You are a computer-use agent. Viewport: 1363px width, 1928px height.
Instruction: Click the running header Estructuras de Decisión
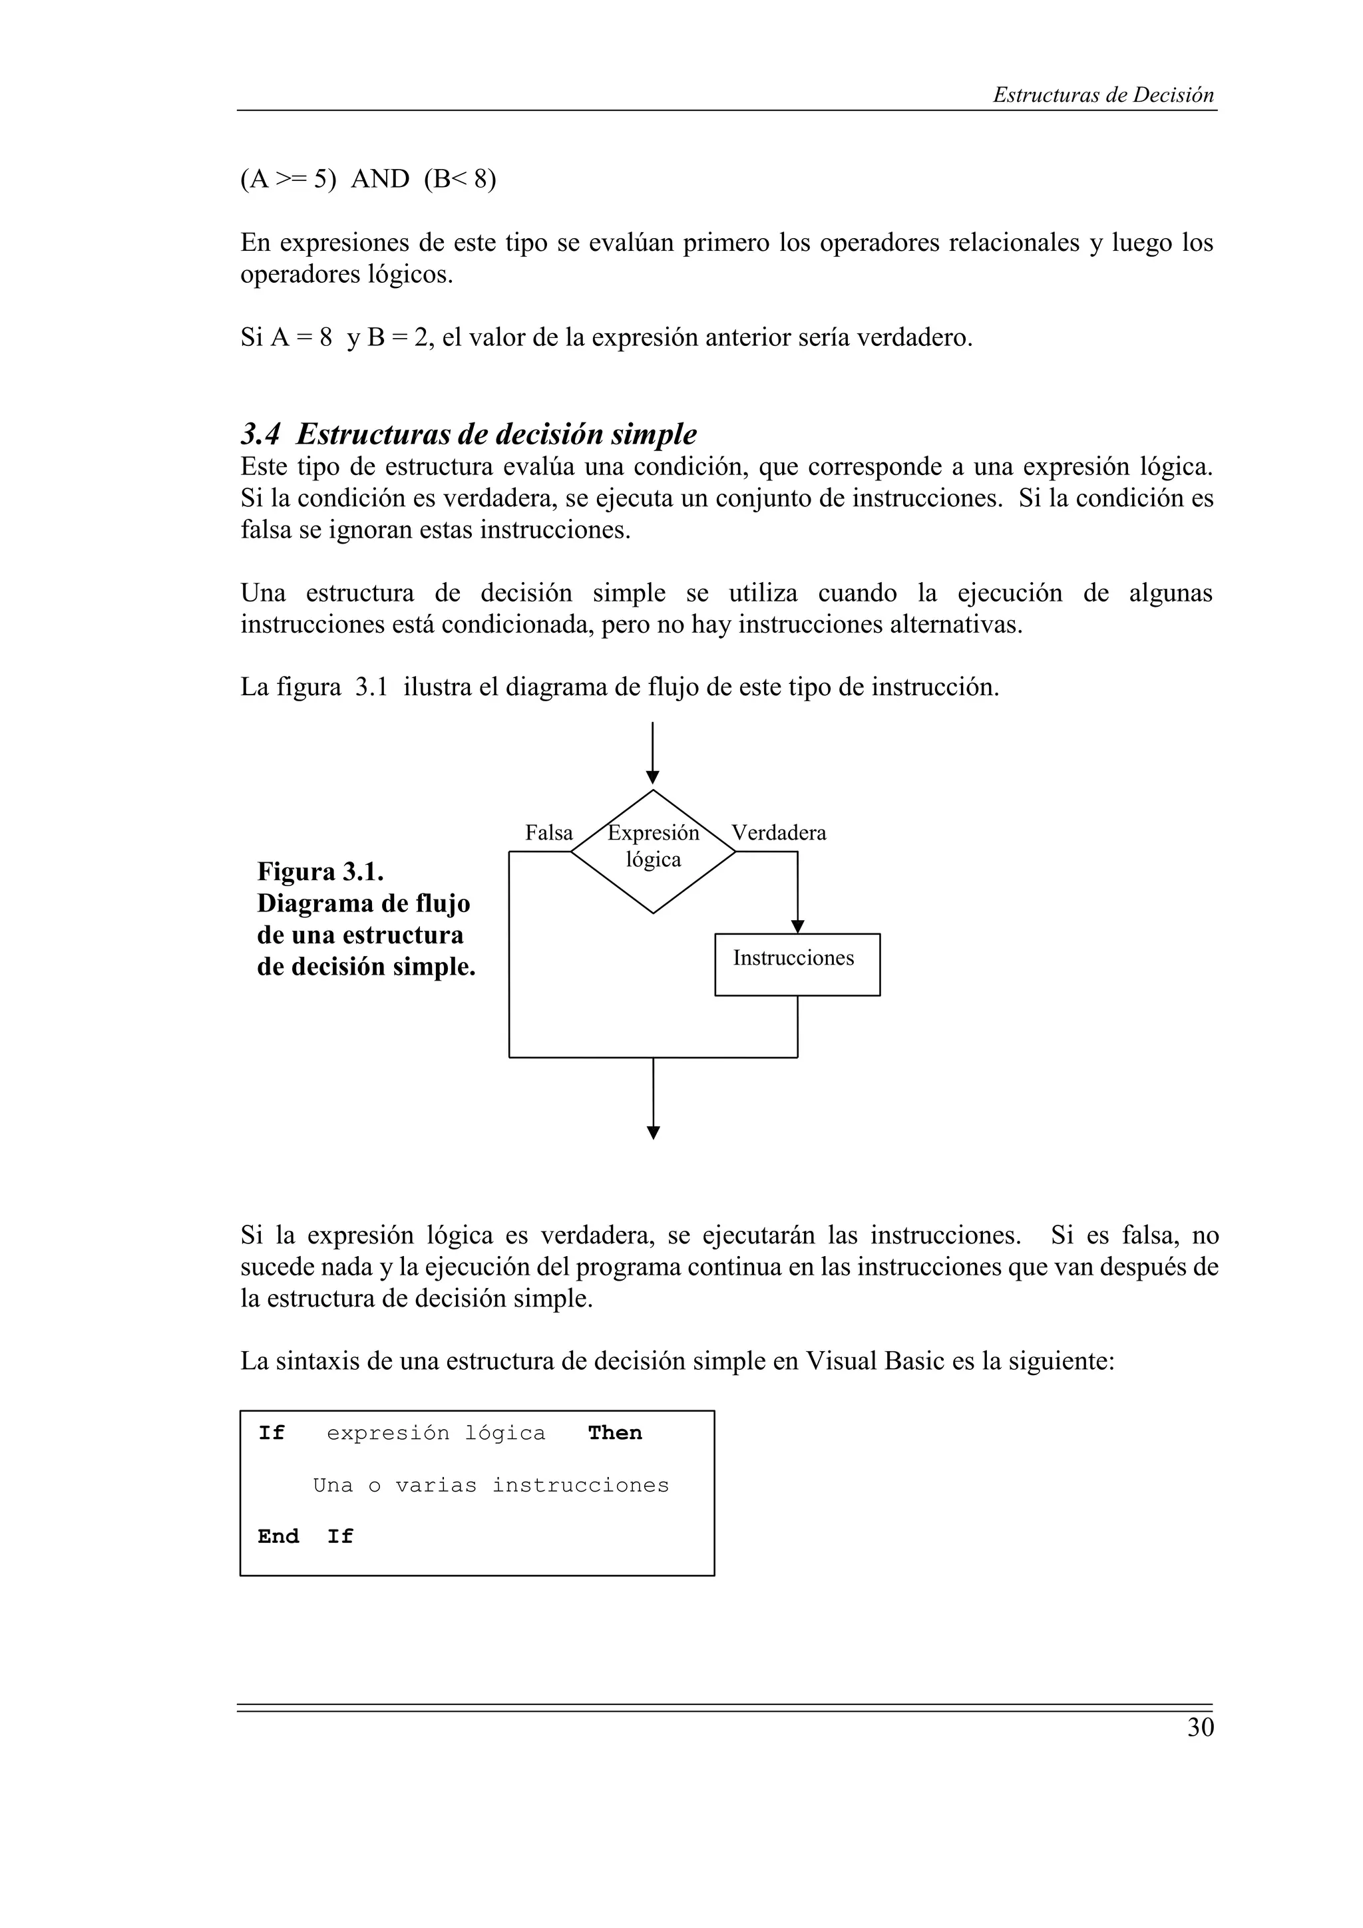click(1103, 95)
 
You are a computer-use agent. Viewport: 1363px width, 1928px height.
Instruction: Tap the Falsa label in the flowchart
click(548, 833)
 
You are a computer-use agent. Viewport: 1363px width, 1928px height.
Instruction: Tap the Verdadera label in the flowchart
click(779, 833)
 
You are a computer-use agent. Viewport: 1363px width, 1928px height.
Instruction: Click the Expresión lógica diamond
click(654, 851)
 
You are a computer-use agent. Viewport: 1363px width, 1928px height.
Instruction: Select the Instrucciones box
click(797, 964)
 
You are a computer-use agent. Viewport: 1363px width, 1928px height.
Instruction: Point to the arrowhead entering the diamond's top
click(652, 778)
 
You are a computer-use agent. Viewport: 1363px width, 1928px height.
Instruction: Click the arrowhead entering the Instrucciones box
click(798, 926)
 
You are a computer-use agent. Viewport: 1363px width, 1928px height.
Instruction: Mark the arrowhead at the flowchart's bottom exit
click(654, 1133)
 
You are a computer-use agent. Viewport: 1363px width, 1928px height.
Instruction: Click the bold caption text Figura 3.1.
click(320, 872)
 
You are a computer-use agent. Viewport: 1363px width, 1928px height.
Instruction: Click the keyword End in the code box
click(278, 1536)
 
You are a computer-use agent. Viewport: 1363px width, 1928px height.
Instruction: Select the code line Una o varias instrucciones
click(490, 1485)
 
